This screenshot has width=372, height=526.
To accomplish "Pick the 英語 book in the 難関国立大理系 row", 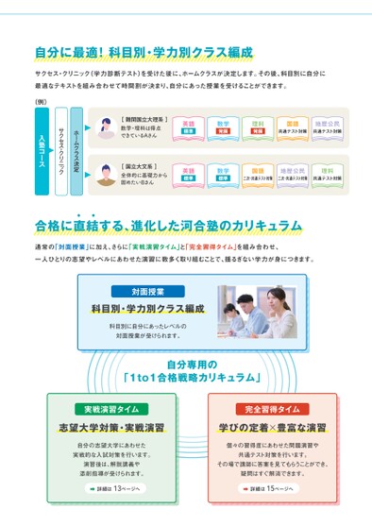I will click(189, 127).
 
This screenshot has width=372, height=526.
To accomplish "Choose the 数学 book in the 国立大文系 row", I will click(223, 174).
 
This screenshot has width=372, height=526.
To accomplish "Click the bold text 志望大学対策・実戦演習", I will click(110, 428).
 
